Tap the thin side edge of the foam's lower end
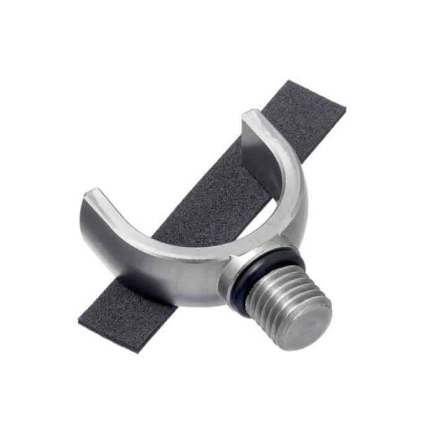tap(108, 338)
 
